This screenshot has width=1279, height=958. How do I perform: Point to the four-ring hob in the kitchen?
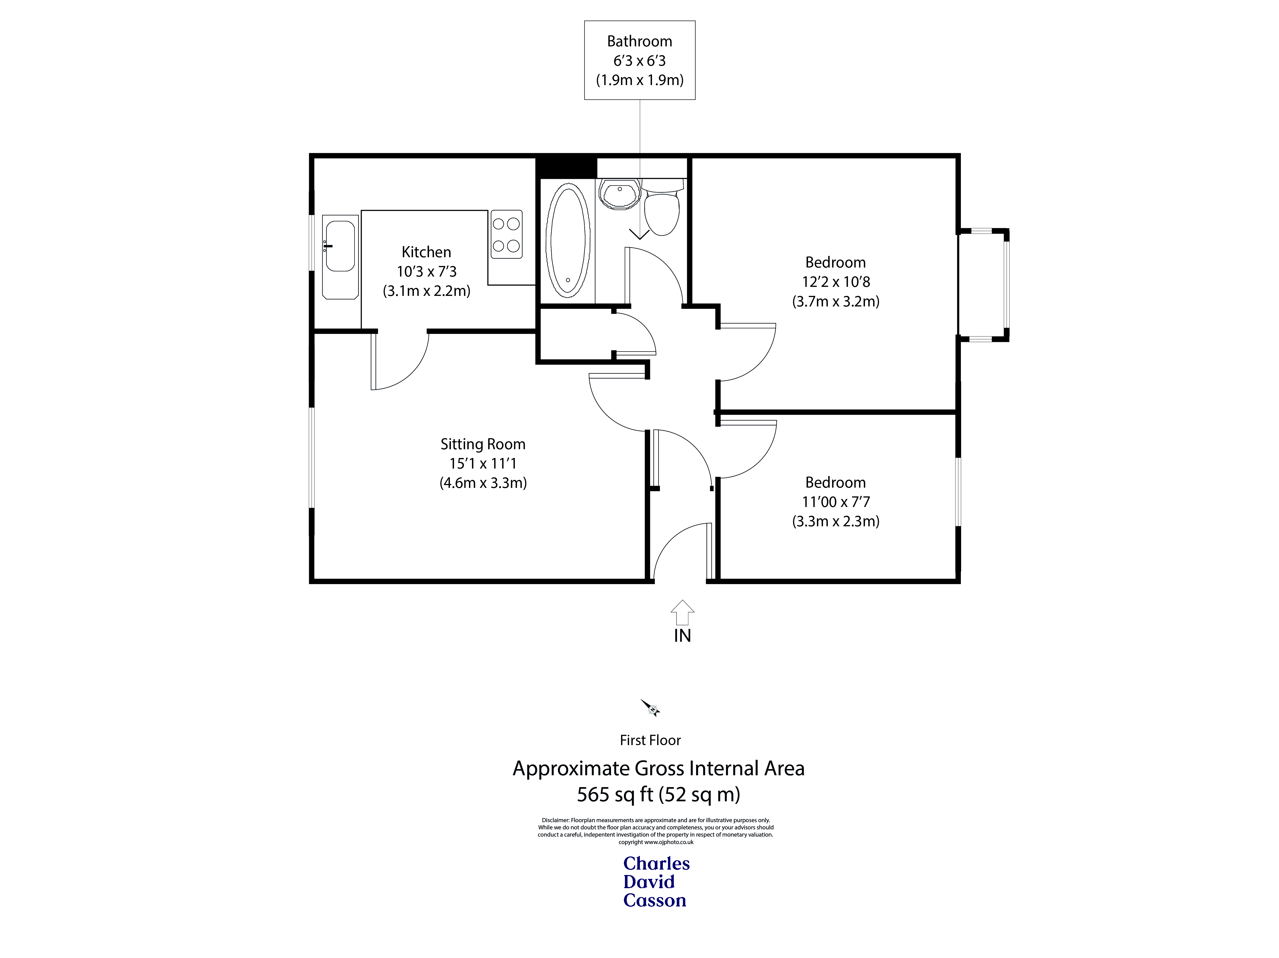pyautogui.click(x=506, y=234)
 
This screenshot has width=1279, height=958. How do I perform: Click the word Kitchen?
pyautogui.click(x=426, y=252)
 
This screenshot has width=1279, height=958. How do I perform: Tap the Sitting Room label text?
pyautogui.click(x=483, y=444)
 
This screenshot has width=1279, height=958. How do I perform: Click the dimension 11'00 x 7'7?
pyautogui.click(x=836, y=502)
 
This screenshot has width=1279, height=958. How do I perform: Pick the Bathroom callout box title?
pyautogui.click(x=639, y=42)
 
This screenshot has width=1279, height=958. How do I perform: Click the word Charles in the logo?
pyautogui.click(x=656, y=863)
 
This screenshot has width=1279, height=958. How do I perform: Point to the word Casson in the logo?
pyautogui.click(x=655, y=900)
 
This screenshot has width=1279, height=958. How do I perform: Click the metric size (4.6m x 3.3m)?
pyautogui.click(x=483, y=483)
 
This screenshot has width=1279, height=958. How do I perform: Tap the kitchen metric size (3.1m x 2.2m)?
pyautogui.click(x=426, y=291)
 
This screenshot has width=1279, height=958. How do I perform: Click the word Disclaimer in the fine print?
pyautogui.click(x=555, y=820)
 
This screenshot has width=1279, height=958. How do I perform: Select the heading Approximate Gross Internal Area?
pyautogui.click(x=658, y=768)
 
